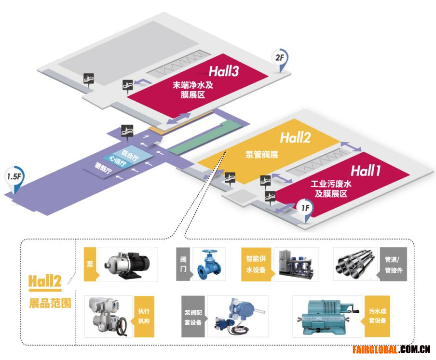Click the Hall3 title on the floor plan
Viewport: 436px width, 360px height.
(224, 71)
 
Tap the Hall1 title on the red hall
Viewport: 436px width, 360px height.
(366, 170)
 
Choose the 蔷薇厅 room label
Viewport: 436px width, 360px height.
(103, 168)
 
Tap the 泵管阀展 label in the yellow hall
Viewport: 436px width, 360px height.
(262, 154)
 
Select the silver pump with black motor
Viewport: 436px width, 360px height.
(127, 265)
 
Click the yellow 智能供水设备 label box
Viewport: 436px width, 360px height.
(256, 264)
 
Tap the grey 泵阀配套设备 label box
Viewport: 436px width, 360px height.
(193, 317)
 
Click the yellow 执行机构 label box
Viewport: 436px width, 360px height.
(144, 317)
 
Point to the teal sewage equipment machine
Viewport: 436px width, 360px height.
(327, 317)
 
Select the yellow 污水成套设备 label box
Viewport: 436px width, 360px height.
(377, 316)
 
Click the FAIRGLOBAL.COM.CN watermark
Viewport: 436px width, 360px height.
(391, 349)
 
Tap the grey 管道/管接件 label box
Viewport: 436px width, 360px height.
(393, 264)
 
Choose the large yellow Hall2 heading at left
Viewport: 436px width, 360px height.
(45, 281)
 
